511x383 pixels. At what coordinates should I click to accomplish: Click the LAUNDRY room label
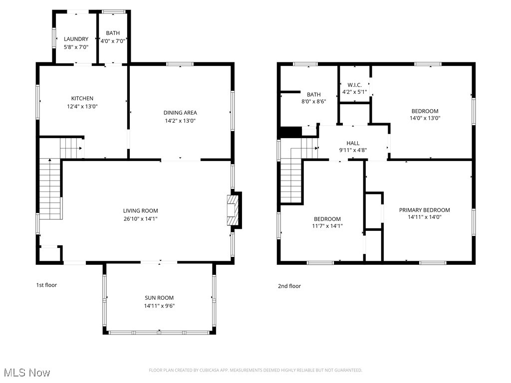[x=76, y=39]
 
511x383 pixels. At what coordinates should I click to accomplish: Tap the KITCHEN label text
[x=82, y=98]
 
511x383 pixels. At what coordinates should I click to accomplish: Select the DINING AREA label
[x=180, y=112]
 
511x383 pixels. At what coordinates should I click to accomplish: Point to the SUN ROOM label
[x=159, y=298]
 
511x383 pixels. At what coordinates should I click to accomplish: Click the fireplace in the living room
[x=233, y=210]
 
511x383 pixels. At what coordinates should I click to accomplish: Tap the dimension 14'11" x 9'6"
[x=159, y=306]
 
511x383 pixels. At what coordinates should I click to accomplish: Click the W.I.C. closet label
[x=354, y=85]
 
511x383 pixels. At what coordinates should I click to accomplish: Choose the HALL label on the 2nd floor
[x=353, y=143]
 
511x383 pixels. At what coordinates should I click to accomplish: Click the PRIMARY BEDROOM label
[x=424, y=210]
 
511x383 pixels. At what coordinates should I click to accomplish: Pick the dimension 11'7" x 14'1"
[x=327, y=226]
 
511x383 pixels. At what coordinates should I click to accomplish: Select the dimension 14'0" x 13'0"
[x=425, y=118]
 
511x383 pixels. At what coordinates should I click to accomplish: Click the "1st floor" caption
[x=46, y=285]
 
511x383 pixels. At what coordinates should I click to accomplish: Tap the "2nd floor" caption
[x=289, y=286]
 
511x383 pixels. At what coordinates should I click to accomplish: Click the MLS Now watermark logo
[x=26, y=373]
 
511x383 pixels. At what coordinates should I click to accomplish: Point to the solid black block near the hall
[x=291, y=132]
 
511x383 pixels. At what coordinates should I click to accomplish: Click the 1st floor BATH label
[x=113, y=33]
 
